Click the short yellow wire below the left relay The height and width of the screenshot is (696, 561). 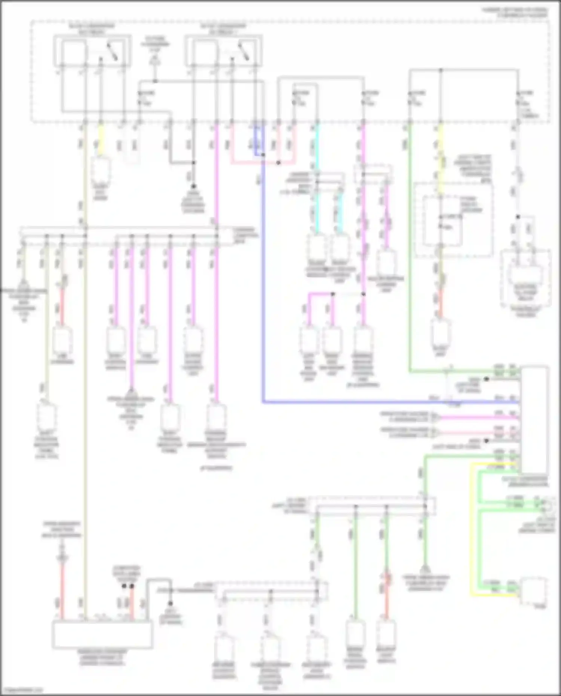100,140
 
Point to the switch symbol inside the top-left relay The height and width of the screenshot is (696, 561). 112,52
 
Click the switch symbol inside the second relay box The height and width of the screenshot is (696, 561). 243,52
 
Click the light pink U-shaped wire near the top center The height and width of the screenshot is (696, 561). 262,163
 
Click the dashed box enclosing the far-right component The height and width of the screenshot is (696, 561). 525,279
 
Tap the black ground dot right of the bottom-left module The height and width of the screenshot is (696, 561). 171,603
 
